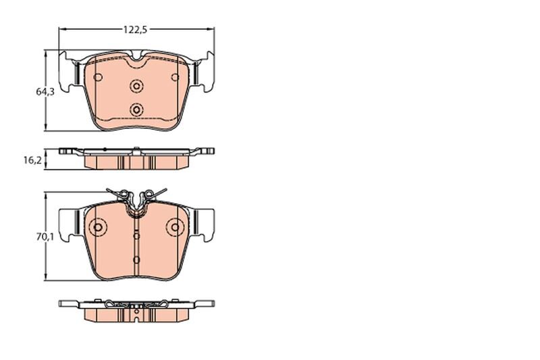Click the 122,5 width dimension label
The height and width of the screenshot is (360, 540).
[x=136, y=30]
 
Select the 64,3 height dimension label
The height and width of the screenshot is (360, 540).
[x=45, y=92]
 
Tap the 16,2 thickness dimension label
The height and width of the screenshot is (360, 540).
[x=32, y=160]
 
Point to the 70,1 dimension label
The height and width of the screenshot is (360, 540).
[x=45, y=236]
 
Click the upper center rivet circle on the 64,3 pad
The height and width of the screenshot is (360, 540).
[x=137, y=86]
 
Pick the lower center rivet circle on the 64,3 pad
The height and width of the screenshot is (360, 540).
[x=137, y=110]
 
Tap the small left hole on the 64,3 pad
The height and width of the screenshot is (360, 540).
[x=98, y=77]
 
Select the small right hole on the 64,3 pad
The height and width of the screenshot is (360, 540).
[x=175, y=77]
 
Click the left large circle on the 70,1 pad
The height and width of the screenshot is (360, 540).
[x=98, y=228]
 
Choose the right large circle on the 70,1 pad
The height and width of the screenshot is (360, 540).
[x=175, y=228]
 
